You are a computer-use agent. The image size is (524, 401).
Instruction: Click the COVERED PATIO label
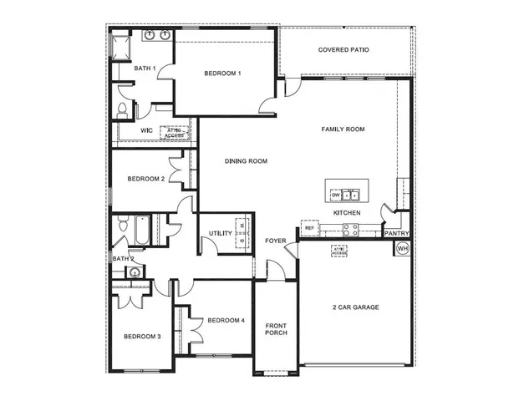point(343,50)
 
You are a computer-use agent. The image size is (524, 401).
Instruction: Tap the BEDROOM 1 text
point(222,74)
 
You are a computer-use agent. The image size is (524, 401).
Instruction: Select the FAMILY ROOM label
point(343,129)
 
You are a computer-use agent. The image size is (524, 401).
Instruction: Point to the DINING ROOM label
point(246,160)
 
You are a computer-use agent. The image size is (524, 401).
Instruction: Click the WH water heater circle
point(402,248)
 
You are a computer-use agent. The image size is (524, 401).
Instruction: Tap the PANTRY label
point(396,233)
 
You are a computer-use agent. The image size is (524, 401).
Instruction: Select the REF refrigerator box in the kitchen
point(309,227)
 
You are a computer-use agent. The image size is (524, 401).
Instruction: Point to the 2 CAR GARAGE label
point(355,307)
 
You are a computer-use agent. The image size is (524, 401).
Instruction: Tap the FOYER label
point(276,241)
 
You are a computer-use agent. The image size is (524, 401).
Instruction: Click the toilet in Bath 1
point(122,109)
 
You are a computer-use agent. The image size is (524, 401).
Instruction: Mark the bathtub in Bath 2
point(140,230)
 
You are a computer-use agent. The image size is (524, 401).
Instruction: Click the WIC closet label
point(145,130)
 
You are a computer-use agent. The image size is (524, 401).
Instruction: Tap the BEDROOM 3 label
point(142,337)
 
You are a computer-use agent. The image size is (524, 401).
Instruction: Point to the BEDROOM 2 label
point(145,179)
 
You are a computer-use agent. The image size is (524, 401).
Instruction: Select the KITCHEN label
point(347,213)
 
